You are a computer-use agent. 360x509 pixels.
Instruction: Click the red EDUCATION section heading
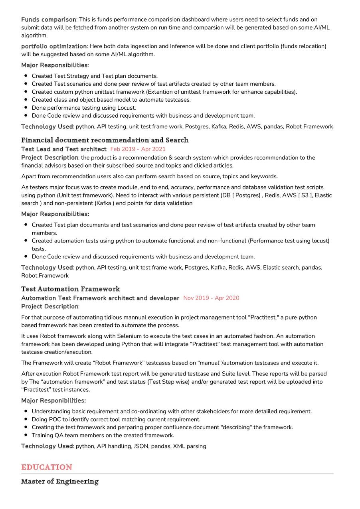coord(47,467)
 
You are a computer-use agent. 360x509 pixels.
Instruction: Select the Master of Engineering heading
coord(60,481)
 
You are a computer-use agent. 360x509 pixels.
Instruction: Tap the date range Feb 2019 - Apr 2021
coord(138,149)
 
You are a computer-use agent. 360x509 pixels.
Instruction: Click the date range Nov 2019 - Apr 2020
coord(211,298)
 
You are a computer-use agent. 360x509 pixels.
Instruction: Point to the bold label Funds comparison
coord(48,20)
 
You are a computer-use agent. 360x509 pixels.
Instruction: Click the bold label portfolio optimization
coord(54,46)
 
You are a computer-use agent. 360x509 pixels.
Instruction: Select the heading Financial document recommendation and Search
coord(105,140)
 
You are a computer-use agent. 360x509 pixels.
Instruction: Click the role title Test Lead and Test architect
coord(64,149)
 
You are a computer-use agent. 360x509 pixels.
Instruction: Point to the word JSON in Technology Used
coord(139,446)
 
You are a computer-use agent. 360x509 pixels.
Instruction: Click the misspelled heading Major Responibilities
coord(53,400)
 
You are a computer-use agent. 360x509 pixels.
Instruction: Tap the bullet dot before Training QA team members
coord(26,435)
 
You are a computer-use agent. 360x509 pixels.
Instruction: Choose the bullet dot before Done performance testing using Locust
coord(26,108)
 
